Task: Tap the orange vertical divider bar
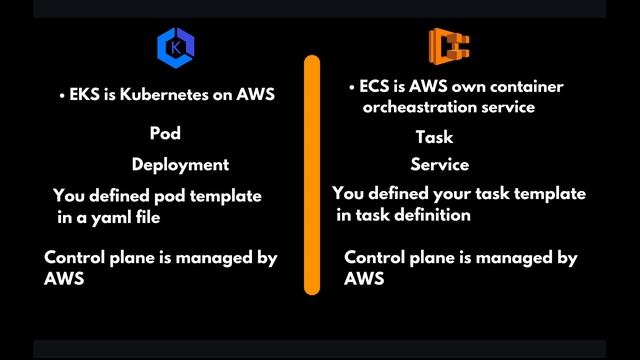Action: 311,175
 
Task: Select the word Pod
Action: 165,132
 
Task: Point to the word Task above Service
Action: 434,137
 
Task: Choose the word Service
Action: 439,164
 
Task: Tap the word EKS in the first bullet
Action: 85,96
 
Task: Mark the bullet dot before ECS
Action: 352,88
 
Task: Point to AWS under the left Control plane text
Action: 64,279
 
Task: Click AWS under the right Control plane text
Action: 364,279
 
